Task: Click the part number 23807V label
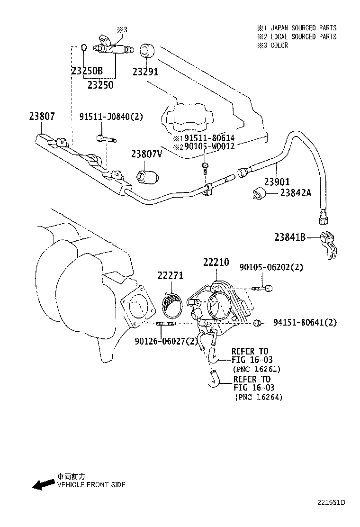click(x=146, y=154)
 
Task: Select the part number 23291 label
click(x=145, y=72)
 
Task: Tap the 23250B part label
click(x=87, y=72)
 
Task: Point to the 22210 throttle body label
click(x=216, y=262)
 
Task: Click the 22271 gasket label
click(x=170, y=276)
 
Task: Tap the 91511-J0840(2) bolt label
click(x=111, y=117)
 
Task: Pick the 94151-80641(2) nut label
click(x=305, y=323)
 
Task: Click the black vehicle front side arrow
click(x=43, y=484)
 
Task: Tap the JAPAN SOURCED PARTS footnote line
click(x=297, y=28)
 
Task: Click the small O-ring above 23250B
click(x=83, y=47)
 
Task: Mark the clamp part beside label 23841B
click(x=328, y=243)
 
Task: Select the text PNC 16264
click(x=258, y=398)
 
